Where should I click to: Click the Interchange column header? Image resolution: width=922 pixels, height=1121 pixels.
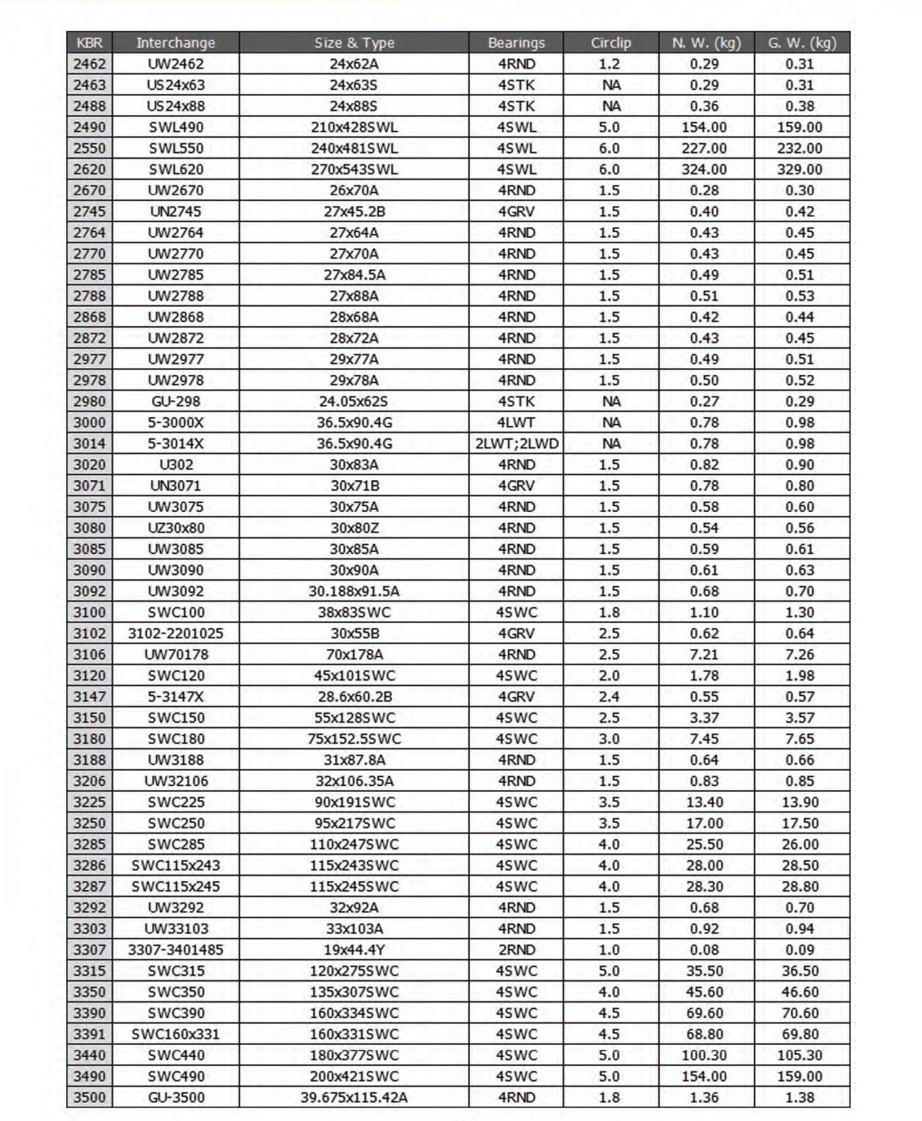[175, 42]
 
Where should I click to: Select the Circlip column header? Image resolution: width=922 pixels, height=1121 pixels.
[611, 42]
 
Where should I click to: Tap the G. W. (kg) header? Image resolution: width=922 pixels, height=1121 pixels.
[802, 42]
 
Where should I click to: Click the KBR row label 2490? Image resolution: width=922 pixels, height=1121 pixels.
[89, 127]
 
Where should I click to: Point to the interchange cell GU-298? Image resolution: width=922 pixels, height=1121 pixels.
[175, 402]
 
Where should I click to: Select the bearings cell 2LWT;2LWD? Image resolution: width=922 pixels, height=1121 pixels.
[516, 444]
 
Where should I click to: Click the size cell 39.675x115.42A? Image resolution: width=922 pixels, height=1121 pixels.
[354, 1097]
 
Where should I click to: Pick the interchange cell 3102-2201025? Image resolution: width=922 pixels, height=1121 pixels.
[175, 633]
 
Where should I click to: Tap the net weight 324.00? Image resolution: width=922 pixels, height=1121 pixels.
[704, 169]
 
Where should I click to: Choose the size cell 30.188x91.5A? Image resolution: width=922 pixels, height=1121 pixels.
[354, 591]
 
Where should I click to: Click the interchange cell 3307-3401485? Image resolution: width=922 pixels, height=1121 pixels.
[175, 949]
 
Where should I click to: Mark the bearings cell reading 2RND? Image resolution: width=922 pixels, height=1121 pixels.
[516, 949]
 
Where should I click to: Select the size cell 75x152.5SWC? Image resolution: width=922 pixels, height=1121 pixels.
[354, 739]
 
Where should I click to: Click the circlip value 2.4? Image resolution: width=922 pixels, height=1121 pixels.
[609, 696]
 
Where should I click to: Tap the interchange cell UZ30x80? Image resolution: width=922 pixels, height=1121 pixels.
[175, 528]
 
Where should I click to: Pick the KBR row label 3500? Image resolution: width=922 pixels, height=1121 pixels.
[89, 1097]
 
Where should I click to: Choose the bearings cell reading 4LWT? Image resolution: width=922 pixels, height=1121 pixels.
[516, 423]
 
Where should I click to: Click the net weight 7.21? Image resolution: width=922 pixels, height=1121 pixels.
[704, 654]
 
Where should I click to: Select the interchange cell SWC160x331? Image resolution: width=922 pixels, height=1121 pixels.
[175, 1034]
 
